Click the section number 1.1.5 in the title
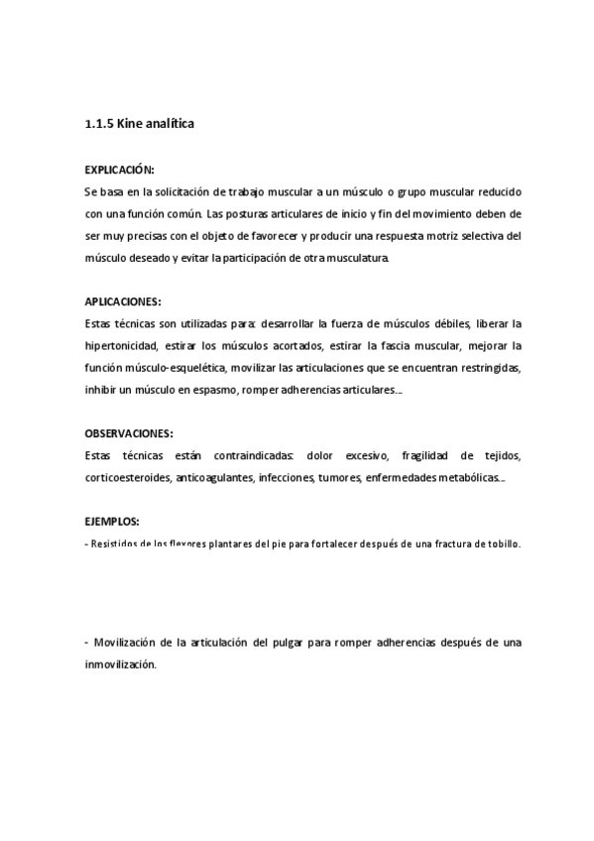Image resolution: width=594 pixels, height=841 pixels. point(99,125)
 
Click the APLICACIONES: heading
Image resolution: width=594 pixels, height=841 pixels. point(123,300)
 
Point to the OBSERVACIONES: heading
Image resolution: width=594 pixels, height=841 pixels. point(129,432)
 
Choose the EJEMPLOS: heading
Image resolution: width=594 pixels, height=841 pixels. point(112,521)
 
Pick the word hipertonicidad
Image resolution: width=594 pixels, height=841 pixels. point(124,345)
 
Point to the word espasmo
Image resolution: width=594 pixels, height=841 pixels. point(206,390)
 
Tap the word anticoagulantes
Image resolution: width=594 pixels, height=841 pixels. point(215,478)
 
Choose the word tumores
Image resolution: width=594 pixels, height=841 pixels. point(338,478)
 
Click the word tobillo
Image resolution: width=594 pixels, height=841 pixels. point(499,543)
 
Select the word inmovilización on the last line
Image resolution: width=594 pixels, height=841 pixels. point(121,665)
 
